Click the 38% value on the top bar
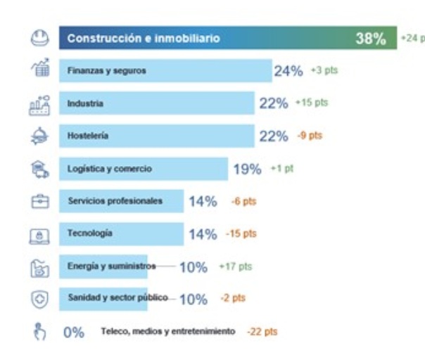[371, 39]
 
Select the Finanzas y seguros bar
[165, 70]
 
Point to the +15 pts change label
[313, 103]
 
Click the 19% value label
[247, 169]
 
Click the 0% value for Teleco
[74, 331]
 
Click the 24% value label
[288, 71]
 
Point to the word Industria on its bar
[86, 103]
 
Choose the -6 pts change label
[243, 201]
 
